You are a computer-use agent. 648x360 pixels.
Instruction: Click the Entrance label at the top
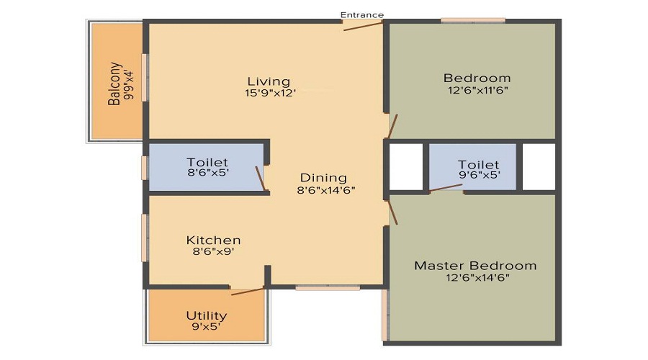(362, 14)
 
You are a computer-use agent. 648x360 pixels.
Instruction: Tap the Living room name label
(269, 81)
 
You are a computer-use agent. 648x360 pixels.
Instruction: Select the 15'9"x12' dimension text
(270, 92)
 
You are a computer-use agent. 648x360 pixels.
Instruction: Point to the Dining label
(323, 178)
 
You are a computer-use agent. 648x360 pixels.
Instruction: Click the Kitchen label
(213, 240)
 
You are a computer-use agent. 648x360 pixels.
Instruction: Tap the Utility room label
(207, 315)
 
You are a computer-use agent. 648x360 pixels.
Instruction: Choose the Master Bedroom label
(475, 266)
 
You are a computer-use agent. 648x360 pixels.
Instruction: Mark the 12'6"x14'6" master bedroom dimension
(475, 278)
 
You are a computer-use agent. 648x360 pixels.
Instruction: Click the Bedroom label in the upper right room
(477, 78)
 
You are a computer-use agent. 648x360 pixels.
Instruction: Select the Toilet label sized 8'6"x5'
(207, 162)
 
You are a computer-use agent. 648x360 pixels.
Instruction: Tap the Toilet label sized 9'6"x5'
(478, 165)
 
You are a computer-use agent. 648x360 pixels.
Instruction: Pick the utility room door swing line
(248, 292)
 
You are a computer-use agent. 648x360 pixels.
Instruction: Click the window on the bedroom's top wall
(472, 20)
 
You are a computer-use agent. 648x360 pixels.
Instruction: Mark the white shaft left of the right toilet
(406, 166)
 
